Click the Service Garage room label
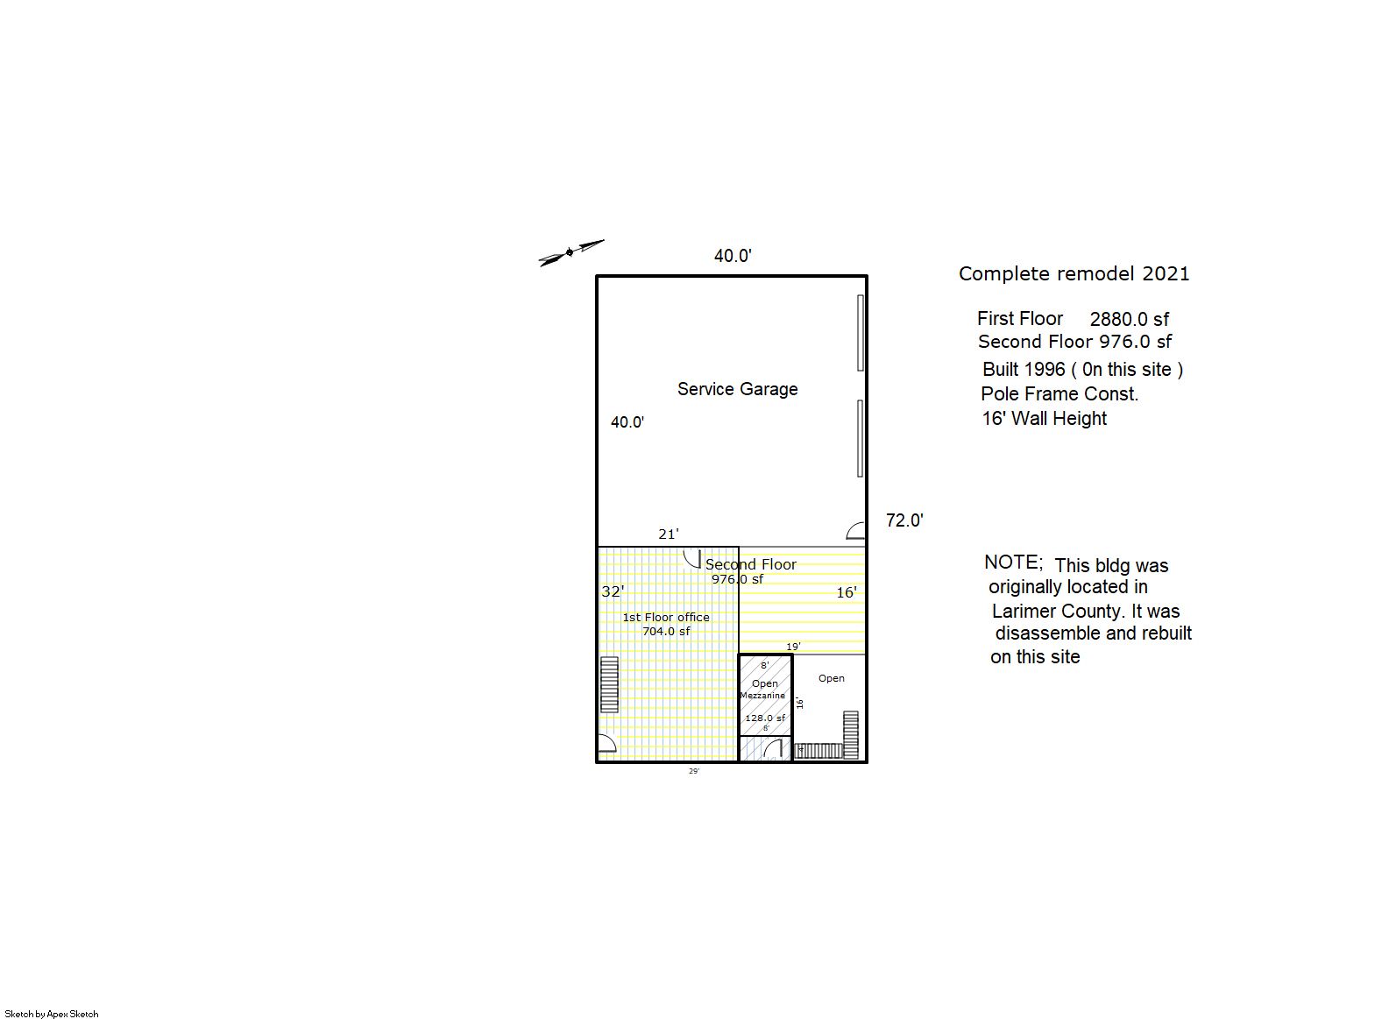[737, 389]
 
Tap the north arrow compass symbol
[570, 252]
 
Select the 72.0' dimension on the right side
[904, 520]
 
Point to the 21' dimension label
[669, 534]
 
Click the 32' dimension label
[613, 592]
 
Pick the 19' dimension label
[793, 647]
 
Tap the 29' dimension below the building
[694, 771]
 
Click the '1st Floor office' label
[666, 618]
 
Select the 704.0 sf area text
[666, 632]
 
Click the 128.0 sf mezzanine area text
[764, 718]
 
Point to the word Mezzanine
[762, 696]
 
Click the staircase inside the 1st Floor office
[610, 684]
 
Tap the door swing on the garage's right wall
[855, 531]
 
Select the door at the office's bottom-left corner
[606, 743]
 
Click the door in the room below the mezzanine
[773, 750]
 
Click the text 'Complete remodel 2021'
[1074, 274]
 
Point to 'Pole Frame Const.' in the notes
[1059, 393]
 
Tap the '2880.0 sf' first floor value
[1130, 319]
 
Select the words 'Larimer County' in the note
[1059, 612]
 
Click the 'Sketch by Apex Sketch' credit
[52, 1014]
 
